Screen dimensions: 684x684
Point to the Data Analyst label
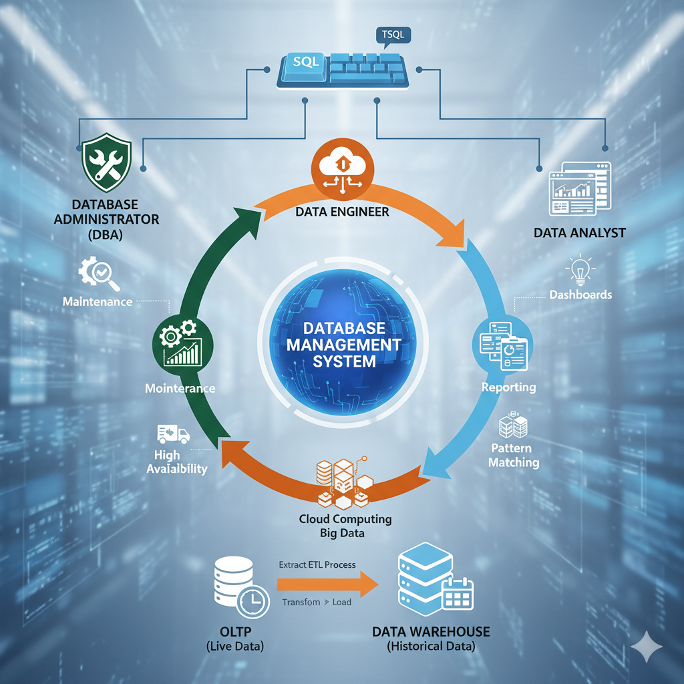[579, 232]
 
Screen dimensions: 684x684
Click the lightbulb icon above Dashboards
[578, 271]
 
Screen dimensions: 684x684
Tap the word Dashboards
[580, 295]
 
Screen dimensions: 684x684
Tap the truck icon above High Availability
[173, 435]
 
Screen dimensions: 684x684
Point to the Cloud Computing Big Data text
[345, 526]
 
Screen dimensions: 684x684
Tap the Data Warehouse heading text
[431, 631]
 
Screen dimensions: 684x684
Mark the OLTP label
[234, 631]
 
